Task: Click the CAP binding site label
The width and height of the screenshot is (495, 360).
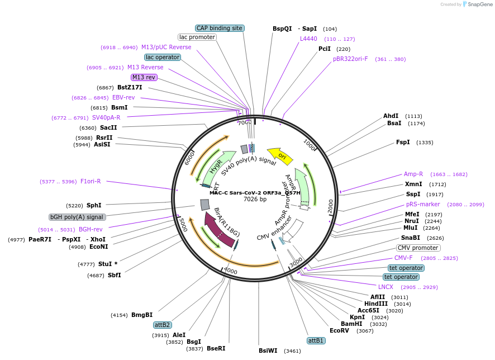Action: coord(220,28)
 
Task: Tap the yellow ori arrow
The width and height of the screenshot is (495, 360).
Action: coord(279,155)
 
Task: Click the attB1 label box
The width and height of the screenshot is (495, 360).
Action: coord(316,340)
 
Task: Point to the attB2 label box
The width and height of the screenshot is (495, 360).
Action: coord(163,325)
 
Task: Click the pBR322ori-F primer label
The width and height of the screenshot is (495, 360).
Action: coord(350,59)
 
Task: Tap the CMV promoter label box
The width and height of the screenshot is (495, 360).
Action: coord(418,248)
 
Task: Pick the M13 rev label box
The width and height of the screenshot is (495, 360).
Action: coord(144,77)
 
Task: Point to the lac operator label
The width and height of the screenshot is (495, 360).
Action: coord(163,57)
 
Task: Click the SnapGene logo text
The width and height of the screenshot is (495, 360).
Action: coord(480,4)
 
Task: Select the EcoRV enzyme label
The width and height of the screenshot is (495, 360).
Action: coord(339,330)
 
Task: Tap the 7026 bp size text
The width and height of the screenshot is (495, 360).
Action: coord(255,199)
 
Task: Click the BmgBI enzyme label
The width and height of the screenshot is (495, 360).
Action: coord(142,315)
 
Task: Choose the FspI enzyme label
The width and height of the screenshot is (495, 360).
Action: coord(403,142)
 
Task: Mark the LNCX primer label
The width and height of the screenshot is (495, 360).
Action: coord(385,287)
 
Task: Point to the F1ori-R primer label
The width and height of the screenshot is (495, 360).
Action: coord(91,181)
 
